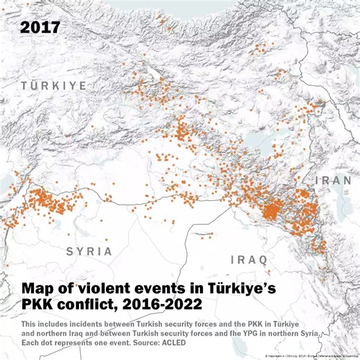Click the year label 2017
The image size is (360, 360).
pyautogui.click(x=40, y=28)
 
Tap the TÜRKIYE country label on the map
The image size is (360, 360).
pyautogui.click(x=53, y=85)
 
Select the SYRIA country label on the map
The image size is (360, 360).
pyautogui.click(x=89, y=251)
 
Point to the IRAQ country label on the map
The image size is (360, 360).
pyautogui.click(x=249, y=260)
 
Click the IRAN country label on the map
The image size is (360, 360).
pyautogui.click(x=334, y=181)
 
